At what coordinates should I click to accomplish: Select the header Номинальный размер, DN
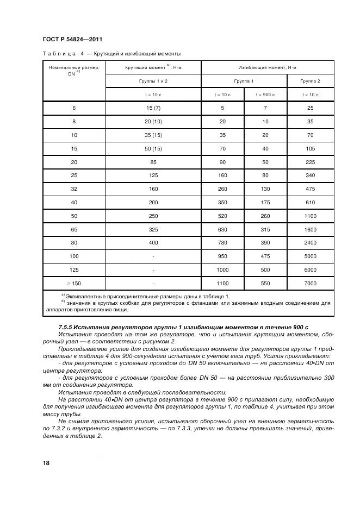click(73, 70)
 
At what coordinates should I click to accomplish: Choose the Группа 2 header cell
click(311, 81)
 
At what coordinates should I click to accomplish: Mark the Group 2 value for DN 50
click(311, 215)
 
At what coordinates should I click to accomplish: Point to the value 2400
click(311, 242)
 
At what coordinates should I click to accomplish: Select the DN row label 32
click(74, 189)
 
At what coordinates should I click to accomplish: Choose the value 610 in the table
click(311, 202)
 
